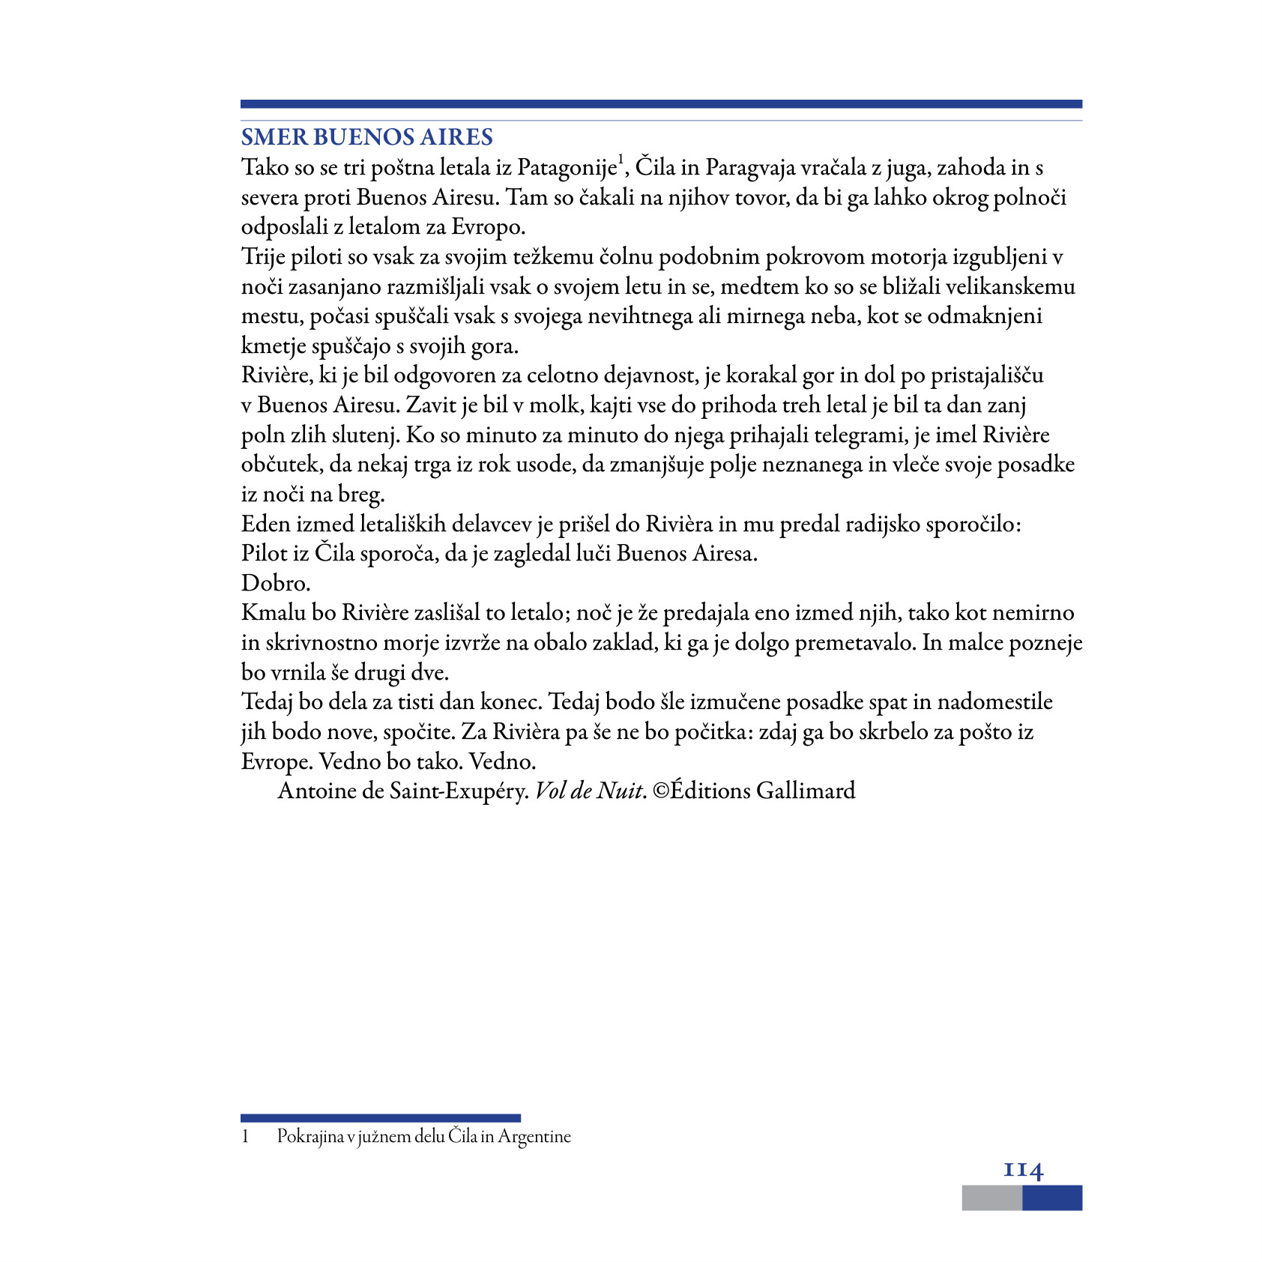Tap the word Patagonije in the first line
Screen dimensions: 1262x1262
pos(567,168)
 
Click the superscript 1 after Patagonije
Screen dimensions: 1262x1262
pos(621,160)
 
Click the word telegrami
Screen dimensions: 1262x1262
pos(856,435)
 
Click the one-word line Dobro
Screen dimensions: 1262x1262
pos(276,583)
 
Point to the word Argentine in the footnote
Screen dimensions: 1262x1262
pos(534,1137)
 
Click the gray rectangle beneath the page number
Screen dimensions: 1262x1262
pos(991,1198)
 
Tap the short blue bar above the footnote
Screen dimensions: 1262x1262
pos(380,1118)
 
